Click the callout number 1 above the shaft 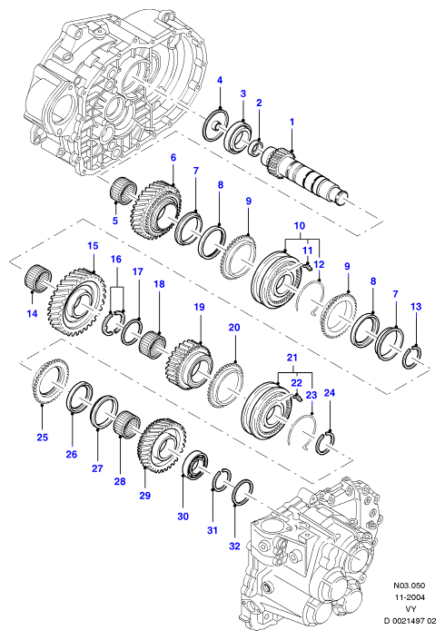click(292, 122)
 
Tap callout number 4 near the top click(220, 80)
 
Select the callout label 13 click(416, 307)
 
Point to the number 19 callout click(199, 307)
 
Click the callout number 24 click(330, 393)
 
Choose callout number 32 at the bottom click(234, 546)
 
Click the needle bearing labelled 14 click(39, 279)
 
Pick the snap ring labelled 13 click(413, 358)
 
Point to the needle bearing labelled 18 click(152, 344)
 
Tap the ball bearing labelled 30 click(195, 463)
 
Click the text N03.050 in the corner click(409, 586)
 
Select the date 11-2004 click(409, 597)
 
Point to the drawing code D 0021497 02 click(410, 621)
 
